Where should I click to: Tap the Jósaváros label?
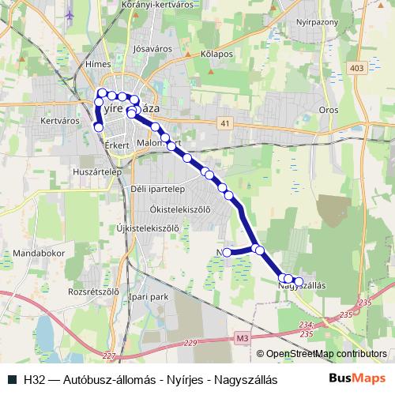pos(153,48)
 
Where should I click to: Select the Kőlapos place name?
pos(216,54)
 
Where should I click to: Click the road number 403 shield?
pos(355,69)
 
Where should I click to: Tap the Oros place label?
pos(328,110)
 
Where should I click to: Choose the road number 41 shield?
pos(226,122)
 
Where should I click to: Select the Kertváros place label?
pos(59,122)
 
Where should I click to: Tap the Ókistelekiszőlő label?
pos(180,209)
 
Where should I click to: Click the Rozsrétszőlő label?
pos(93,290)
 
